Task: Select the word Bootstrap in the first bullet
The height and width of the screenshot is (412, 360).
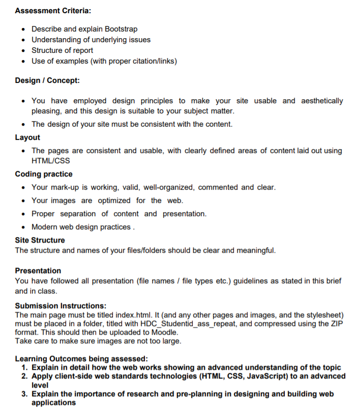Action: pos(121,29)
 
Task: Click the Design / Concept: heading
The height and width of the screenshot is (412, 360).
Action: pos(47,80)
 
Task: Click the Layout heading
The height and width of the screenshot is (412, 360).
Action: pos(27,137)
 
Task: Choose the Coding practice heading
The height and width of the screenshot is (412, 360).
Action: pos(44,174)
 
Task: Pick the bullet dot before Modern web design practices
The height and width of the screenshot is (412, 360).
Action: pos(24,227)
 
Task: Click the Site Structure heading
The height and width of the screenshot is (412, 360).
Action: pos(40,240)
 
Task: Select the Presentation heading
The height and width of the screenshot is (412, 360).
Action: pos(38,271)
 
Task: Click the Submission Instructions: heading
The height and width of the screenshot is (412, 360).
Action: pos(61,306)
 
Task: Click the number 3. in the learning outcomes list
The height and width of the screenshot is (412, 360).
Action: pos(24,394)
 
